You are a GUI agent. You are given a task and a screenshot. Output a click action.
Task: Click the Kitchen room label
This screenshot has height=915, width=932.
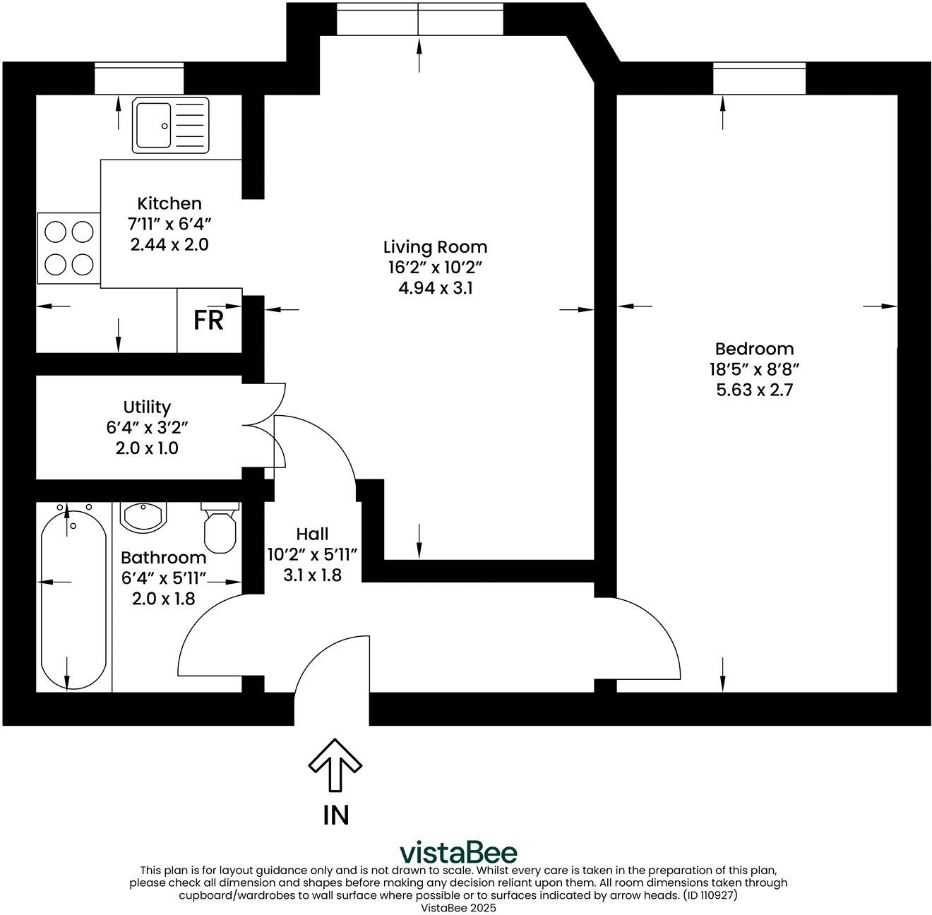[x=169, y=203]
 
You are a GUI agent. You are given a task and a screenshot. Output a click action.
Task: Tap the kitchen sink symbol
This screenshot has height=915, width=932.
[x=170, y=126]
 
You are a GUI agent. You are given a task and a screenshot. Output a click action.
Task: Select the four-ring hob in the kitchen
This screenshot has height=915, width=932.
[x=68, y=248]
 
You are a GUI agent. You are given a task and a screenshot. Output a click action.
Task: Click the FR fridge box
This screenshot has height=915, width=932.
[x=209, y=321]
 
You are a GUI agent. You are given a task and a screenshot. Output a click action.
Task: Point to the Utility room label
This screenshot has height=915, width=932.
[x=147, y=407]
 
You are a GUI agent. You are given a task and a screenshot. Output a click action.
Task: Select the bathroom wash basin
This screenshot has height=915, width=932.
[x=143, y=516]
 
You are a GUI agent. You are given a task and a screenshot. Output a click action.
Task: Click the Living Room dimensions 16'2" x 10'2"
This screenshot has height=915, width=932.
[x=435, y=268]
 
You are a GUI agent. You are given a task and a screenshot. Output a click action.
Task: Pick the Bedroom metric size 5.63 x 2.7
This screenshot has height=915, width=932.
[x=754, y=390]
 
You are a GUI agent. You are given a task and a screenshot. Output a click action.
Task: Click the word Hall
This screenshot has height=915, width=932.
[x=312, y=534]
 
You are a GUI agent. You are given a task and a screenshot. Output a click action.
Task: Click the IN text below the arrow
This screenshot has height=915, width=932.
[x=336, y=815]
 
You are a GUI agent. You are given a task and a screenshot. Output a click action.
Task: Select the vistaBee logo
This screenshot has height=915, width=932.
[x=458, y=851]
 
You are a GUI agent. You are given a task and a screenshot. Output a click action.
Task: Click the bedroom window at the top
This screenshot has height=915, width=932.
[x=759, y=78]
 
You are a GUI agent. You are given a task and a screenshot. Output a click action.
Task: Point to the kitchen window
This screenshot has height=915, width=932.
[x=139, y=78]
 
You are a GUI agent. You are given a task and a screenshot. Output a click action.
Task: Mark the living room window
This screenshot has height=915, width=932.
[x=419, y=18]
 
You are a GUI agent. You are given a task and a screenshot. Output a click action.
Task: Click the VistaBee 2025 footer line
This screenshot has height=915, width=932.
[x=458, y=908]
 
